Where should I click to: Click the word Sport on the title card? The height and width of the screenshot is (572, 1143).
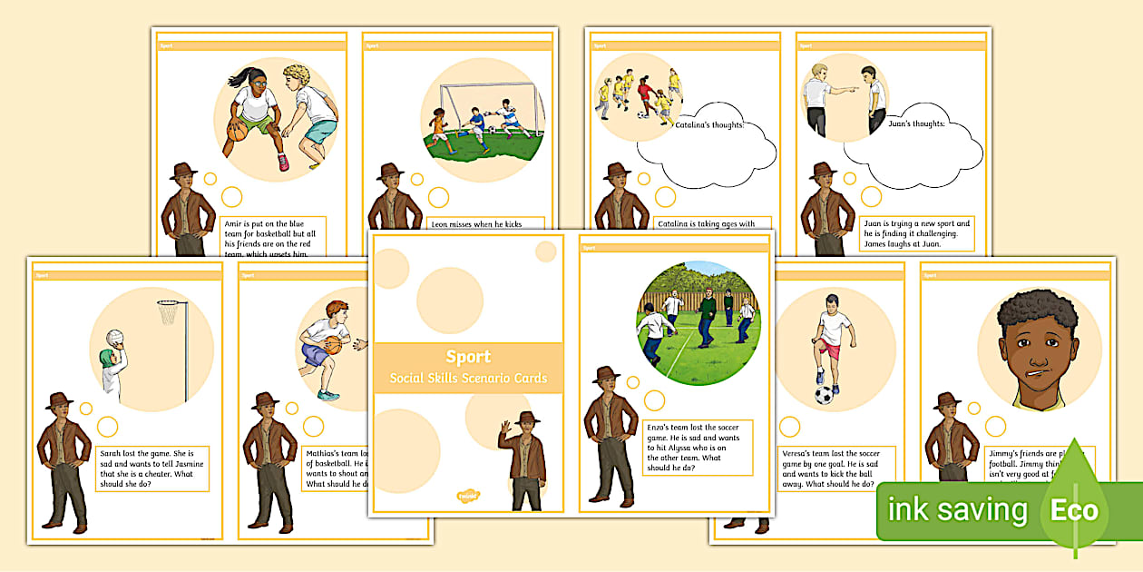[x=468, y=357]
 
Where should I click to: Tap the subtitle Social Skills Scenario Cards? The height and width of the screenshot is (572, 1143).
[x=468, y=378]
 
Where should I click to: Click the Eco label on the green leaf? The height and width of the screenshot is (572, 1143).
[x=1074, y=510]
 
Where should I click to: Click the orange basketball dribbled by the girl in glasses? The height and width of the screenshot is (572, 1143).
[x=237, y=132]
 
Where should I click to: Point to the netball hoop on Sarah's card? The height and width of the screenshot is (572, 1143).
[x=169, y=311]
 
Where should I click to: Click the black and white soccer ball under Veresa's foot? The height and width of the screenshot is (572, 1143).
[x=824, y=395]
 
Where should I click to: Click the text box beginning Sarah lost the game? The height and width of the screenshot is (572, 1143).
[x=152, y=468]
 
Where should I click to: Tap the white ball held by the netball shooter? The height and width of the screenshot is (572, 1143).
[x=112, y=337]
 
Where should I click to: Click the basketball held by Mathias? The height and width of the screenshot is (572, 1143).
[x=332, y=345]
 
